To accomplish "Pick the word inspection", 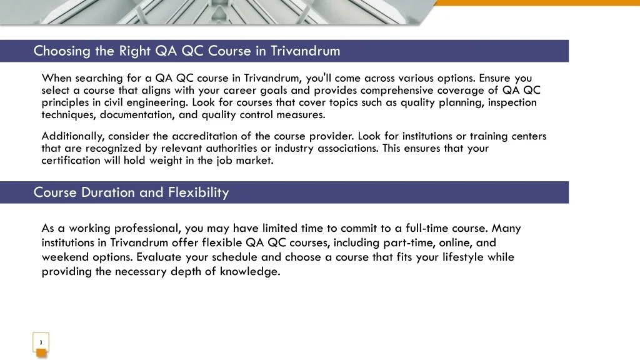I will [x=512, y=102].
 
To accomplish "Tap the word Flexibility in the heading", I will [x=198, y=192].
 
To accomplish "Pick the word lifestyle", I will [x=461, y=257].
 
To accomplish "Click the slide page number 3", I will [x=41, y=342].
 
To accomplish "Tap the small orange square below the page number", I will [x=41, y=354].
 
